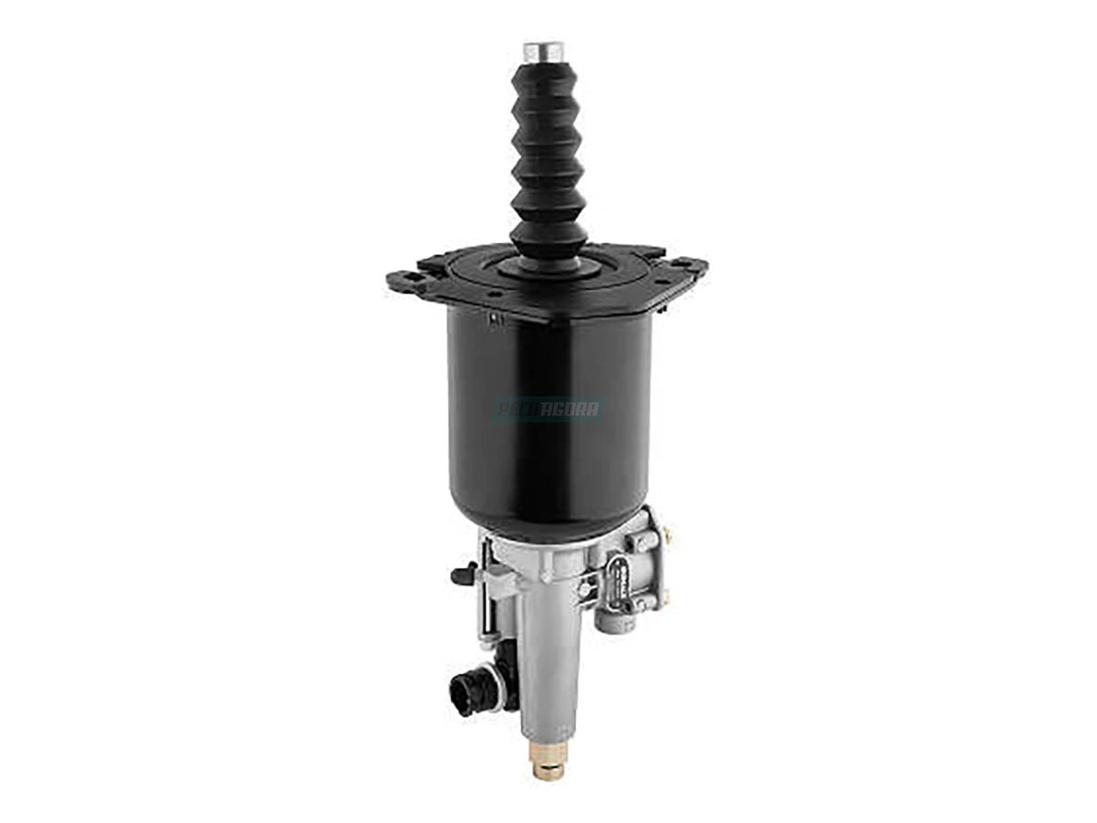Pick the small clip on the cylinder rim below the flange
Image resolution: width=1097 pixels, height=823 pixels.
coord(495,319)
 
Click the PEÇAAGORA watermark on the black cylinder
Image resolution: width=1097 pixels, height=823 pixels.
coord(548,409)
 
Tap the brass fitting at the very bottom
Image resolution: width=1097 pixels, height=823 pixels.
coord(547,765)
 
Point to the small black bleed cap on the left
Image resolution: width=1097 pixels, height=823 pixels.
coord(463,575)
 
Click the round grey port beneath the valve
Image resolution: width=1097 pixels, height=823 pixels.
coord(611,617)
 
